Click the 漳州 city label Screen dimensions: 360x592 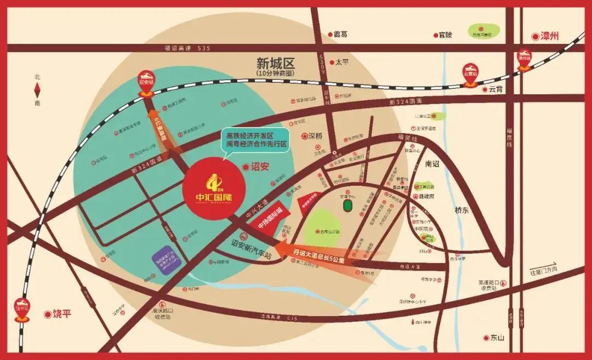point(545,37)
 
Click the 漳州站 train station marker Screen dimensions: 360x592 point(525,60)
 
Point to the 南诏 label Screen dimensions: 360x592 point(432,164)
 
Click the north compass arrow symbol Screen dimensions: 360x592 point(37,89)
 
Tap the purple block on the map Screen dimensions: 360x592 point(169,262)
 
